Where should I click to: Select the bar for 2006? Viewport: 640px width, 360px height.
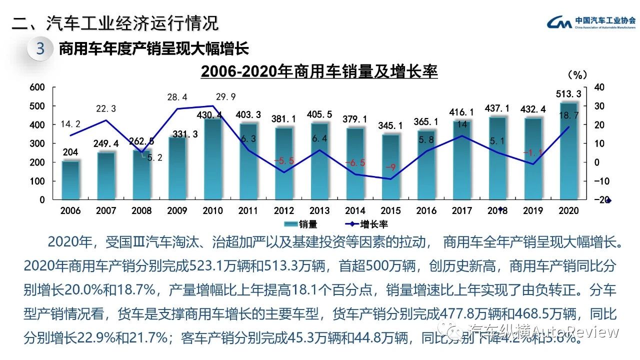coord(70,180)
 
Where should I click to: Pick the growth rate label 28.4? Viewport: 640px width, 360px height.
coord(177,97)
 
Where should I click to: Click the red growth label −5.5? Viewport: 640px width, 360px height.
coord(283,160)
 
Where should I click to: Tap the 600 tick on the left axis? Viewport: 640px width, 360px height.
coord(38,87)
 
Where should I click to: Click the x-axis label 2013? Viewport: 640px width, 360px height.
coord(319,211)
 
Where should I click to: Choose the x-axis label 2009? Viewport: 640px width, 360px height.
coord(177,211)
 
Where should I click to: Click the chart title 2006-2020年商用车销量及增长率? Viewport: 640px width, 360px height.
coord(319,71)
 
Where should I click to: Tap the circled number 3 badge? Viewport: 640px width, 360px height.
coord(40,48)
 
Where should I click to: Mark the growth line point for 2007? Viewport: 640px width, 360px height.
coord(106,120)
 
